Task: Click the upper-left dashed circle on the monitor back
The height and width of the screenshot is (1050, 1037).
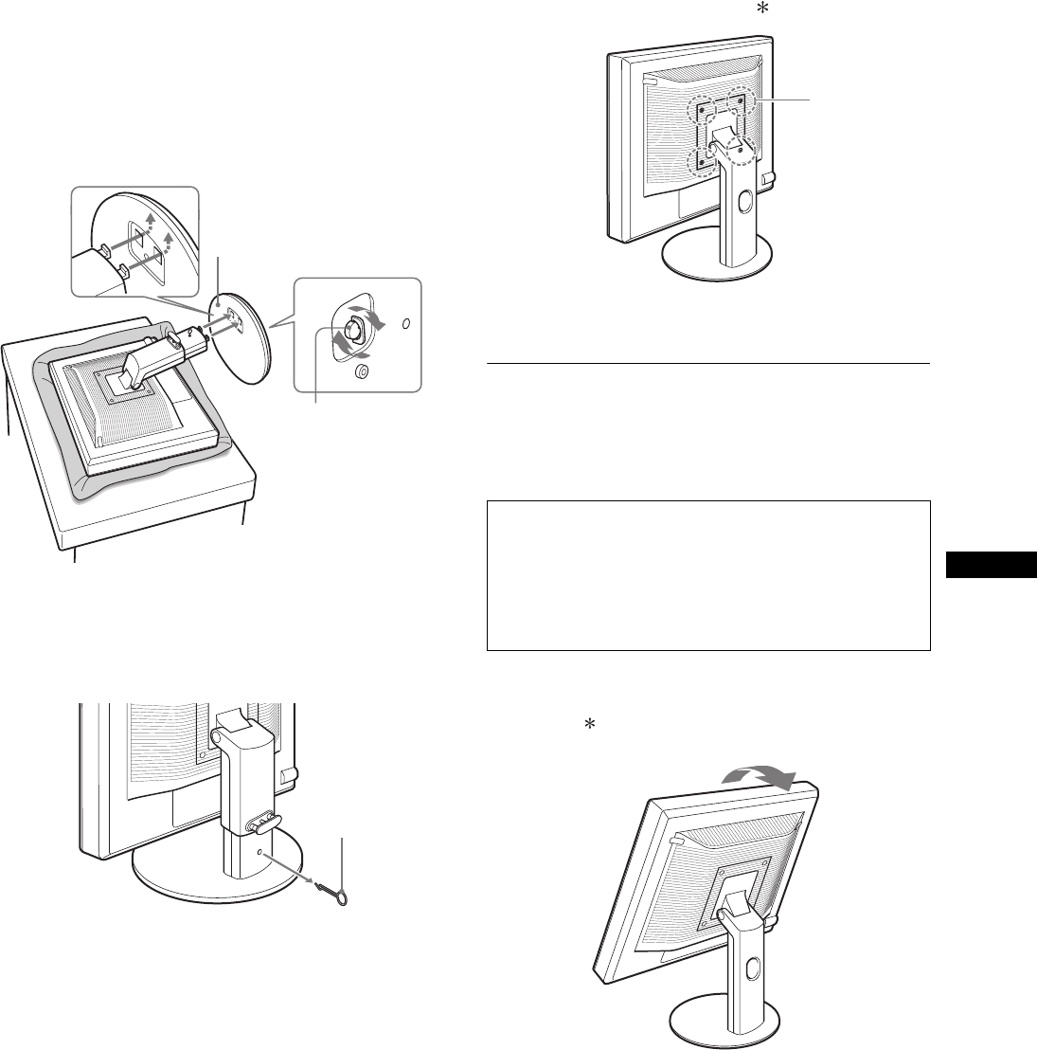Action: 701,108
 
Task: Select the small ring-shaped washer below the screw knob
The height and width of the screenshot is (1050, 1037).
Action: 360,372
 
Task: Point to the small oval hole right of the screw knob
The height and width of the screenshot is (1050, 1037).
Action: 407,324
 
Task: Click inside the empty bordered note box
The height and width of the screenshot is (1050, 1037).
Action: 707,575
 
